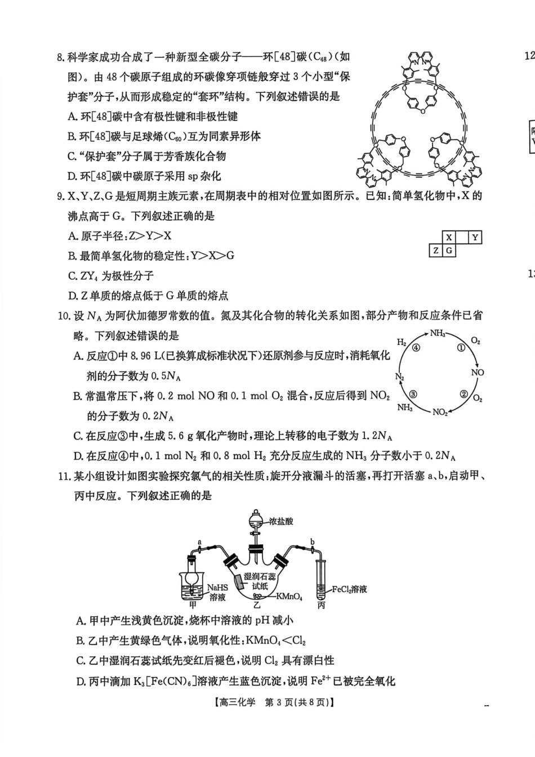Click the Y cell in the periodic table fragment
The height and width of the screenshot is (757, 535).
click(x=475, y=238)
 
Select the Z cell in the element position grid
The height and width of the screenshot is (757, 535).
click(x=435, y=250)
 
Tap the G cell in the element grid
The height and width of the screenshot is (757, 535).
click(x=449, y=250)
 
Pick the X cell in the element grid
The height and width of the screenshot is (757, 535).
click(x=449, y=238)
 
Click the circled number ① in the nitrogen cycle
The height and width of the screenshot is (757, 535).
click(x=461, y=348)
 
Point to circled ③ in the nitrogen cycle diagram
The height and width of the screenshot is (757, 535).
click(x=413, y=394)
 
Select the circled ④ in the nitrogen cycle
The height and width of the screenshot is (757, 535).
click(x=416, y=348)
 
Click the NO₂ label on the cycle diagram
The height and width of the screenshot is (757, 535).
click(x=440, y=412)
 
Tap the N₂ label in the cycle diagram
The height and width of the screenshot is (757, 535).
click(x=400, y=376)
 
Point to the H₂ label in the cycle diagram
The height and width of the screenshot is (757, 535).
click(x=402, y=342)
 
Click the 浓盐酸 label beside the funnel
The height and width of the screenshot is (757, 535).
click(x=281, y=521)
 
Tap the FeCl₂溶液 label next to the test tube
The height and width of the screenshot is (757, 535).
click(x=349, y=589)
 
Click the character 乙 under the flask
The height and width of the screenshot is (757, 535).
click(x=257, y=606)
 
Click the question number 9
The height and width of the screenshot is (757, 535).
click(x=61, y=196)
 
